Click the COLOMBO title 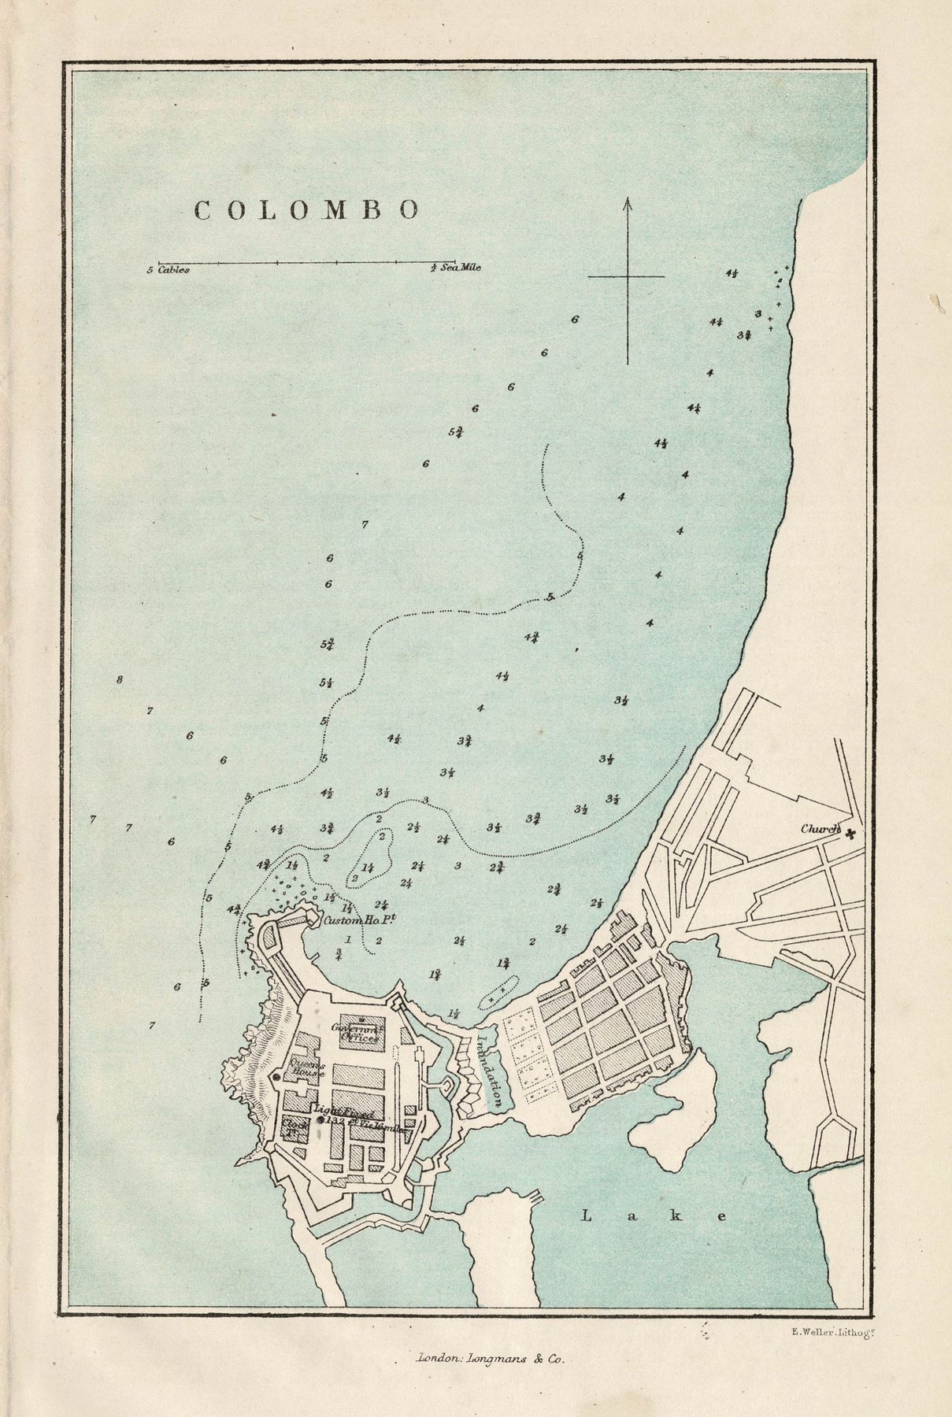(306, 209)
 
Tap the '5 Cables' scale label (168, 269)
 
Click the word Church (820, 830)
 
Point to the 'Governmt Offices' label (354, 1032)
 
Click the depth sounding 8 (120, 679)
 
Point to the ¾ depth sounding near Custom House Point (339, 955)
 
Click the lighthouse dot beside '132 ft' (320, 1119)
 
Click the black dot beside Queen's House (276, 1077)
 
